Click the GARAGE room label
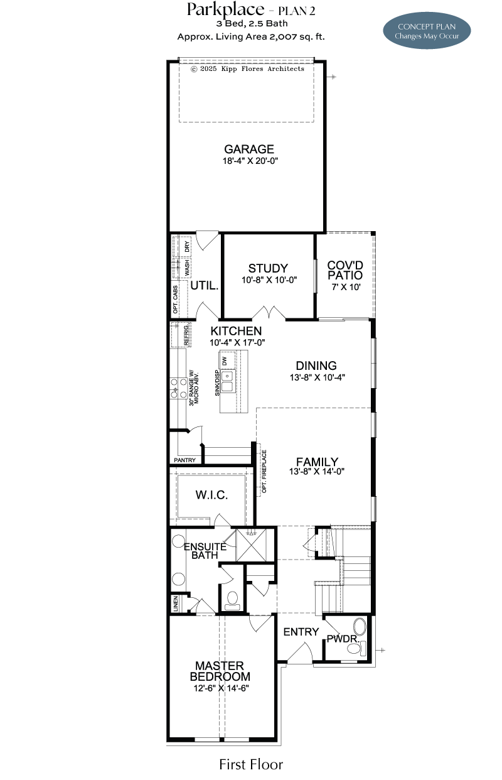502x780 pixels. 249,149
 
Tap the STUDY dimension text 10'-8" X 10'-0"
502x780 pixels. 269,280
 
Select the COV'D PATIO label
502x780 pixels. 345,270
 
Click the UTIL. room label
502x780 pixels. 205,286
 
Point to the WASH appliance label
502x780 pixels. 187,267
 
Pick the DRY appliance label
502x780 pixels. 187,247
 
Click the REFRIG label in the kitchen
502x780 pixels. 186,335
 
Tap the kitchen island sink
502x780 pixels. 227,381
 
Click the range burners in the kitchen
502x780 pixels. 178,388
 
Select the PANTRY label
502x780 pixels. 184,460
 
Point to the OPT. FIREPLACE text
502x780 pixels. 264,471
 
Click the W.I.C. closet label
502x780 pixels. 211,495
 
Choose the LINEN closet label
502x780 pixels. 175,604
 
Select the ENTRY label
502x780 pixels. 301,632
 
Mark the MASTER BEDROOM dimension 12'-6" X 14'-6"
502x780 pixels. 222,688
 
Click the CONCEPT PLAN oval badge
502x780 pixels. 427,31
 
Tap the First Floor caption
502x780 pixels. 251,764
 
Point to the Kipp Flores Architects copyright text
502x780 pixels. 247,68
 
